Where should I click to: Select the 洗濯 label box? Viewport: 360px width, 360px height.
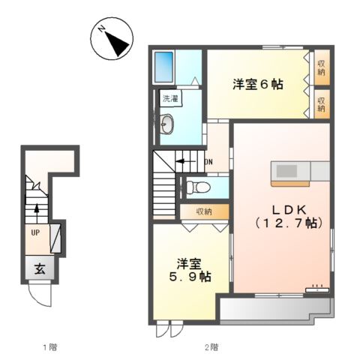click(x=169, y=99)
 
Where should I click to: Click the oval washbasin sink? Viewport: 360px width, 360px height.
click(x=168, y=124)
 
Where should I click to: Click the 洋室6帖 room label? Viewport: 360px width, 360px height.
click(x=256, y=85)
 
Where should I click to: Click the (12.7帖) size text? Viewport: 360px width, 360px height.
click(x=282, y=223)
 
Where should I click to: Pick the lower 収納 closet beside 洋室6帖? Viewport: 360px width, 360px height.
click(x=321, y=103)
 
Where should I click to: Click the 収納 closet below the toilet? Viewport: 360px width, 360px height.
click(x=204, y=211)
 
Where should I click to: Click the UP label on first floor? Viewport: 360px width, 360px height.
click(x=35, y=232)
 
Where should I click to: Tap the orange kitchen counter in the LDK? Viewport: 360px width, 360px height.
click(x=289, y=173)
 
